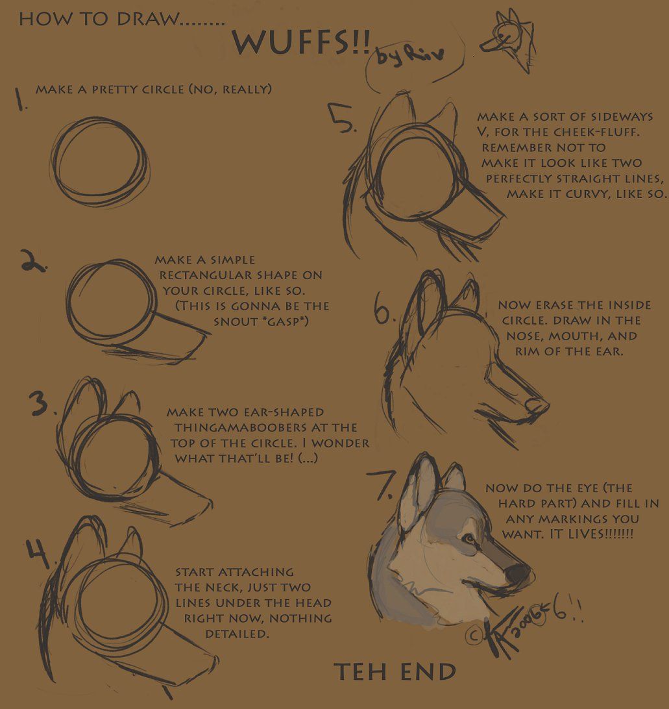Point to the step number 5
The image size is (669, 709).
[x=343, y=119]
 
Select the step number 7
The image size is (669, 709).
[x=382, y=482]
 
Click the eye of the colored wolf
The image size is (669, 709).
[x=468, y=538]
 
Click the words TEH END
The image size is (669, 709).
[x=395, y=672]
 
